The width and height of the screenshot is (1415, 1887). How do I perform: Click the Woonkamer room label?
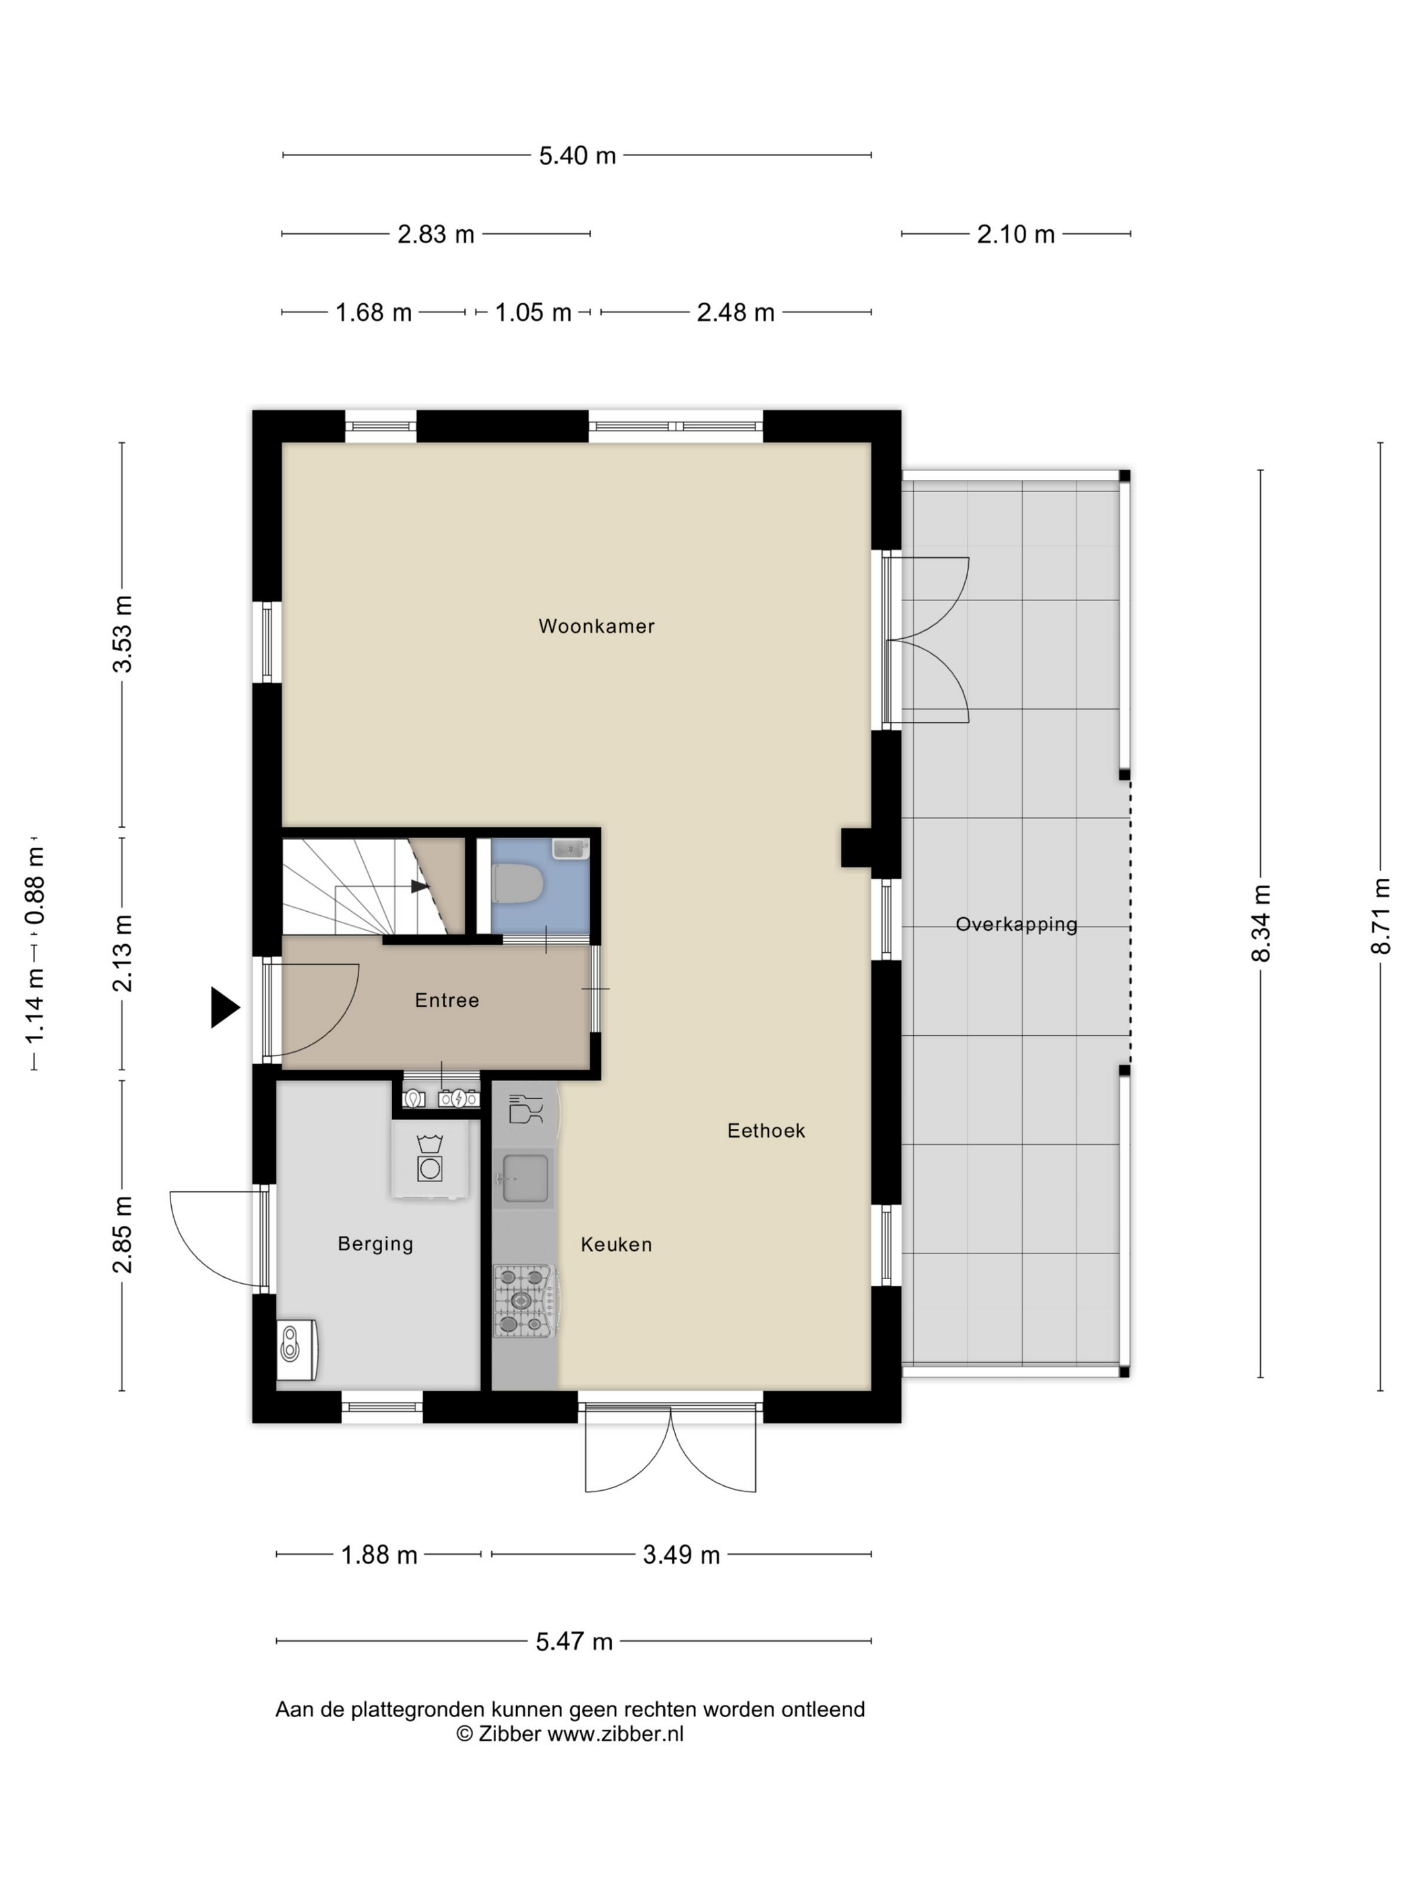click(x=596, y=626)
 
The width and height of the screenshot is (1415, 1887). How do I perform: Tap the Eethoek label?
click(x=766, y=1130)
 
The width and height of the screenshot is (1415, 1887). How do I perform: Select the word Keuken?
click(x=616, y=1245)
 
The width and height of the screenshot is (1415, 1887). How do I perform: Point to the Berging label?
click(x=375, y=1244)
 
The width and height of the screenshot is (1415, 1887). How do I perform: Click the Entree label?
click(x=447, y=1000)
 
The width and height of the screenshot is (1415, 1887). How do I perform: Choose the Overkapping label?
click(x=1016, y=925)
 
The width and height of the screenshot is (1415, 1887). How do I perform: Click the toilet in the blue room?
click(x=517, y=883)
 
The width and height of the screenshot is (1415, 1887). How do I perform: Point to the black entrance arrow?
click(x=225, y=1008)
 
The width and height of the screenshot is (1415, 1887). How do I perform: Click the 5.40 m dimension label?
click(x=577, y=155)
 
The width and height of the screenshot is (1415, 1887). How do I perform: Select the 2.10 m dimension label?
click(x=1016, y=234)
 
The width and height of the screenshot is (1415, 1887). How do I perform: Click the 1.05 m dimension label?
click(x=533, y=312)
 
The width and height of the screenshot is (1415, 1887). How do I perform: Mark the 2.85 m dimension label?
click(x=123, y=1235)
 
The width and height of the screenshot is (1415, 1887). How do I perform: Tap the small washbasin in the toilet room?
click(x=570, y=848)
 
